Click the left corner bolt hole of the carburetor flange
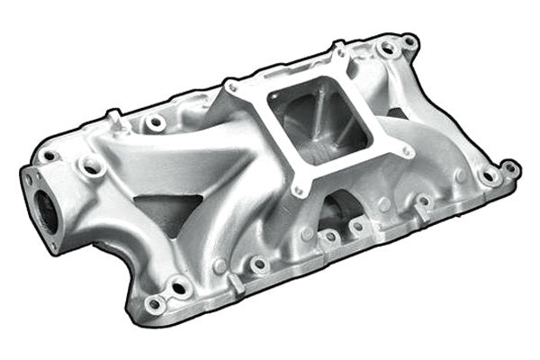click(232, 86)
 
